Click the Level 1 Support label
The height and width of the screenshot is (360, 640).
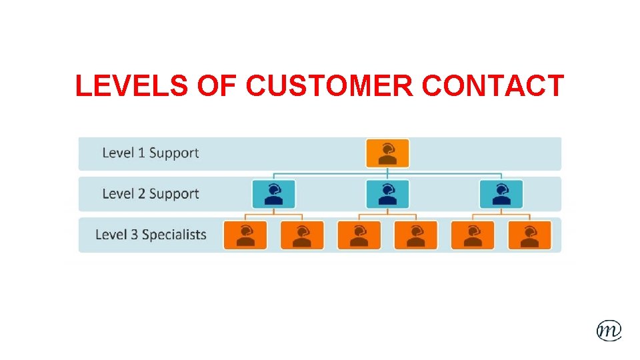point(151,153)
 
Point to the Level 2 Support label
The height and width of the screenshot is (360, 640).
point(151,194)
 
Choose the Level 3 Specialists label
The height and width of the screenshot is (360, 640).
point(151,235)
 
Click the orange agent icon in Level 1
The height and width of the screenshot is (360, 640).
point(387,153)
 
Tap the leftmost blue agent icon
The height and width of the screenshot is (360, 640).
point(273,194)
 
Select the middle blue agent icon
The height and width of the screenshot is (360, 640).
point(387,194)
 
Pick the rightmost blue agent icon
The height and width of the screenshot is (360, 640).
point(501,194)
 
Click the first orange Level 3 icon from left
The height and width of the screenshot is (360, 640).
point(245,235)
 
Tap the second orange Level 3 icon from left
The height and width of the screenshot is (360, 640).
point(302,235)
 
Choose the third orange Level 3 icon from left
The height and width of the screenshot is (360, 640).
point(359,235)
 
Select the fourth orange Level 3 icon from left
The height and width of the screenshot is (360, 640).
point(416,235)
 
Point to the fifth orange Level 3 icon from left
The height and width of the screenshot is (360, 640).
point(473,235)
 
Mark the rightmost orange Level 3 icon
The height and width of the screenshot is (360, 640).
point(529,235)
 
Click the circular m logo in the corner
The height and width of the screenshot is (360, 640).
point(609,329)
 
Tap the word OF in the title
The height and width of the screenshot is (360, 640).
point(219,86)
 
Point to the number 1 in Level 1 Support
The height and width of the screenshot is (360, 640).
point(141,153)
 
